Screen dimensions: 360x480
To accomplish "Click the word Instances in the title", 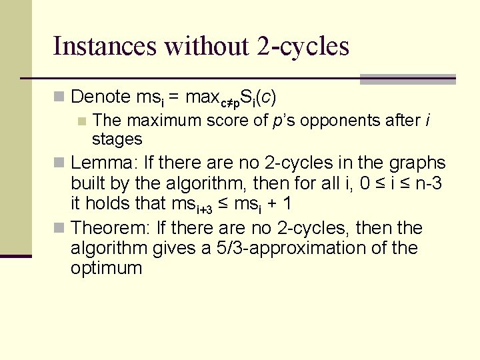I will click(104, 46).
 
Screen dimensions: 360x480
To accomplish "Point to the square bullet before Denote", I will click(59, 97).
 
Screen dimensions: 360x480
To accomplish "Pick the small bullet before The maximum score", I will click(82, 121).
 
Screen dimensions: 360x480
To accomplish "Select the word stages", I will click(117, 139).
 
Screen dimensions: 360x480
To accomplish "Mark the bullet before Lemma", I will click(59, 163).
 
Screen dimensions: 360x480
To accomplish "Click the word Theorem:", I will click(111, 228).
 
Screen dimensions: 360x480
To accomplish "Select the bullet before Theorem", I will click(59, 229).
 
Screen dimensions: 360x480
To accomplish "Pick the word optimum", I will click(107, 268).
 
